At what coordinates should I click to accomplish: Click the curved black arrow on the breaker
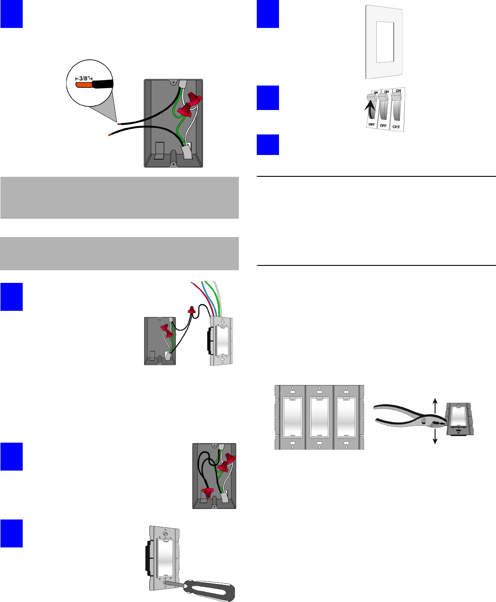pyautogui.click(x=370, y=110)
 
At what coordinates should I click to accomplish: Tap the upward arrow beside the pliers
pyautogui.click(x=435, y=403)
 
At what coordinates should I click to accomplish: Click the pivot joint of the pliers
pyautogui.click(x=423, y=420)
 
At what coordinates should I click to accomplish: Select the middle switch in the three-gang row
pyautogui.click(x=319, y=417)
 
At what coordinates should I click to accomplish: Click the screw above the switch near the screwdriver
pyautogui.click(x=165, y=533)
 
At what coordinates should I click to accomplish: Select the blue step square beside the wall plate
pyautogui.click(x=268, y=14)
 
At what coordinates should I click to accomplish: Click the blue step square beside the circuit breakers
pyautogui.click(x=268, y=98)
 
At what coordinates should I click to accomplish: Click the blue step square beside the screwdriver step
pyautogui.click(x=11, y=533)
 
